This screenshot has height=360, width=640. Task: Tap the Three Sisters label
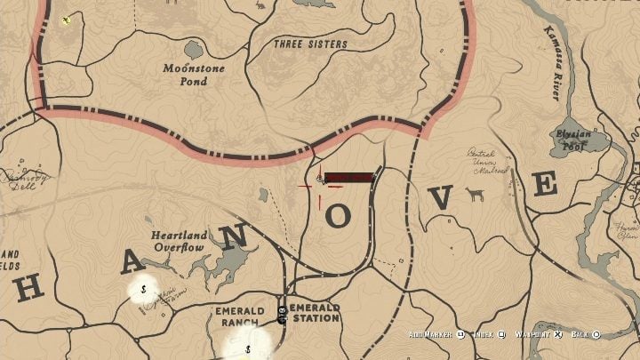(x=310, y=44)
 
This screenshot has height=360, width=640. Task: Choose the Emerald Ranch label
(x=240, y=316)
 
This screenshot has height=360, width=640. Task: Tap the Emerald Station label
(x=314, y=313)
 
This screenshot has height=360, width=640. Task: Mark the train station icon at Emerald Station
(x=282, y=313)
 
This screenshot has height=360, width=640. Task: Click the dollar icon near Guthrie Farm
(x=143, y=288)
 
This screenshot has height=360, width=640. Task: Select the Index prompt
(x=487, y=334)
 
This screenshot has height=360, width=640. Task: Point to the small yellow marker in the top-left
(x=67, y=20)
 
